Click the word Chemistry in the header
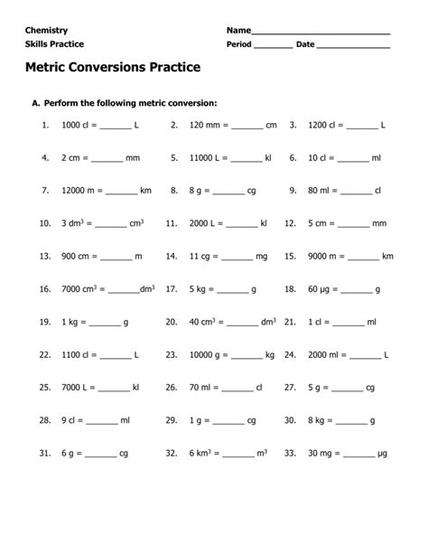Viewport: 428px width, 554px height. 47,30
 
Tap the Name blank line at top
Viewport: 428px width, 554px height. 320,33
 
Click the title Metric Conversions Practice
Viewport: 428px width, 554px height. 113,68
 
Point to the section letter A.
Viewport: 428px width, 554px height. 35,104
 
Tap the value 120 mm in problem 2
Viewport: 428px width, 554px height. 204,126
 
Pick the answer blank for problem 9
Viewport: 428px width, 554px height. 357,192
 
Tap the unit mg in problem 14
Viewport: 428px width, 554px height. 262,256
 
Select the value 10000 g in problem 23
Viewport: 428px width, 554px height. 207,354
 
